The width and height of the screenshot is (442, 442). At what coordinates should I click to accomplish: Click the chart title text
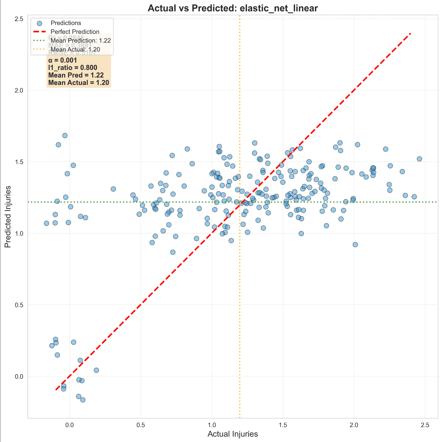[x=233, y=8]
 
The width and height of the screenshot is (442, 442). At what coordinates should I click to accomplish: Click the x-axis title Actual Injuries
[x=233, y=434]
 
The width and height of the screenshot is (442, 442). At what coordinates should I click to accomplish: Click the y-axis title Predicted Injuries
[x=8, y=217]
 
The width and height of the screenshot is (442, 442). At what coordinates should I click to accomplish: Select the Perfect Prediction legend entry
[x=75, y=32]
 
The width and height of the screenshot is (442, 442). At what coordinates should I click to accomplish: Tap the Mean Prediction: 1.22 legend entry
[x=80, y=40]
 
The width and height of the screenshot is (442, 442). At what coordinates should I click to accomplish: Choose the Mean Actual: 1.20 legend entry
[x=75, y=49]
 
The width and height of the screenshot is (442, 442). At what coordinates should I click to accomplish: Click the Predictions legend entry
[x=66, y=23]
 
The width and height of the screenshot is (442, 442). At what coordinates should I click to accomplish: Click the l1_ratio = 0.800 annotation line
[x=72, y=68]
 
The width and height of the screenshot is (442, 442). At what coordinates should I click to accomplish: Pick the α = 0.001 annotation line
[x=63, y=60]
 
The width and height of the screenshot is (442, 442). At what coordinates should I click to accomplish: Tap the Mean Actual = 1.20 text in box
[x=79, y=83]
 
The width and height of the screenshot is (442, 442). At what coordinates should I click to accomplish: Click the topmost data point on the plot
[x=65, y=136]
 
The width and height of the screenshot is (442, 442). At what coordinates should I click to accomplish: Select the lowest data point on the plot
[x=83, y=400]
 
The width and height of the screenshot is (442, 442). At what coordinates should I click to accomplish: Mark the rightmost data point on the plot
[x=419, y=159]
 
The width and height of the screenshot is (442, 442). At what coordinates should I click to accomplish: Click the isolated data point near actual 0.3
[x=113, y=189]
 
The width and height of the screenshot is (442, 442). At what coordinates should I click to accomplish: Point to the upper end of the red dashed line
[x=411, y=33]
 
